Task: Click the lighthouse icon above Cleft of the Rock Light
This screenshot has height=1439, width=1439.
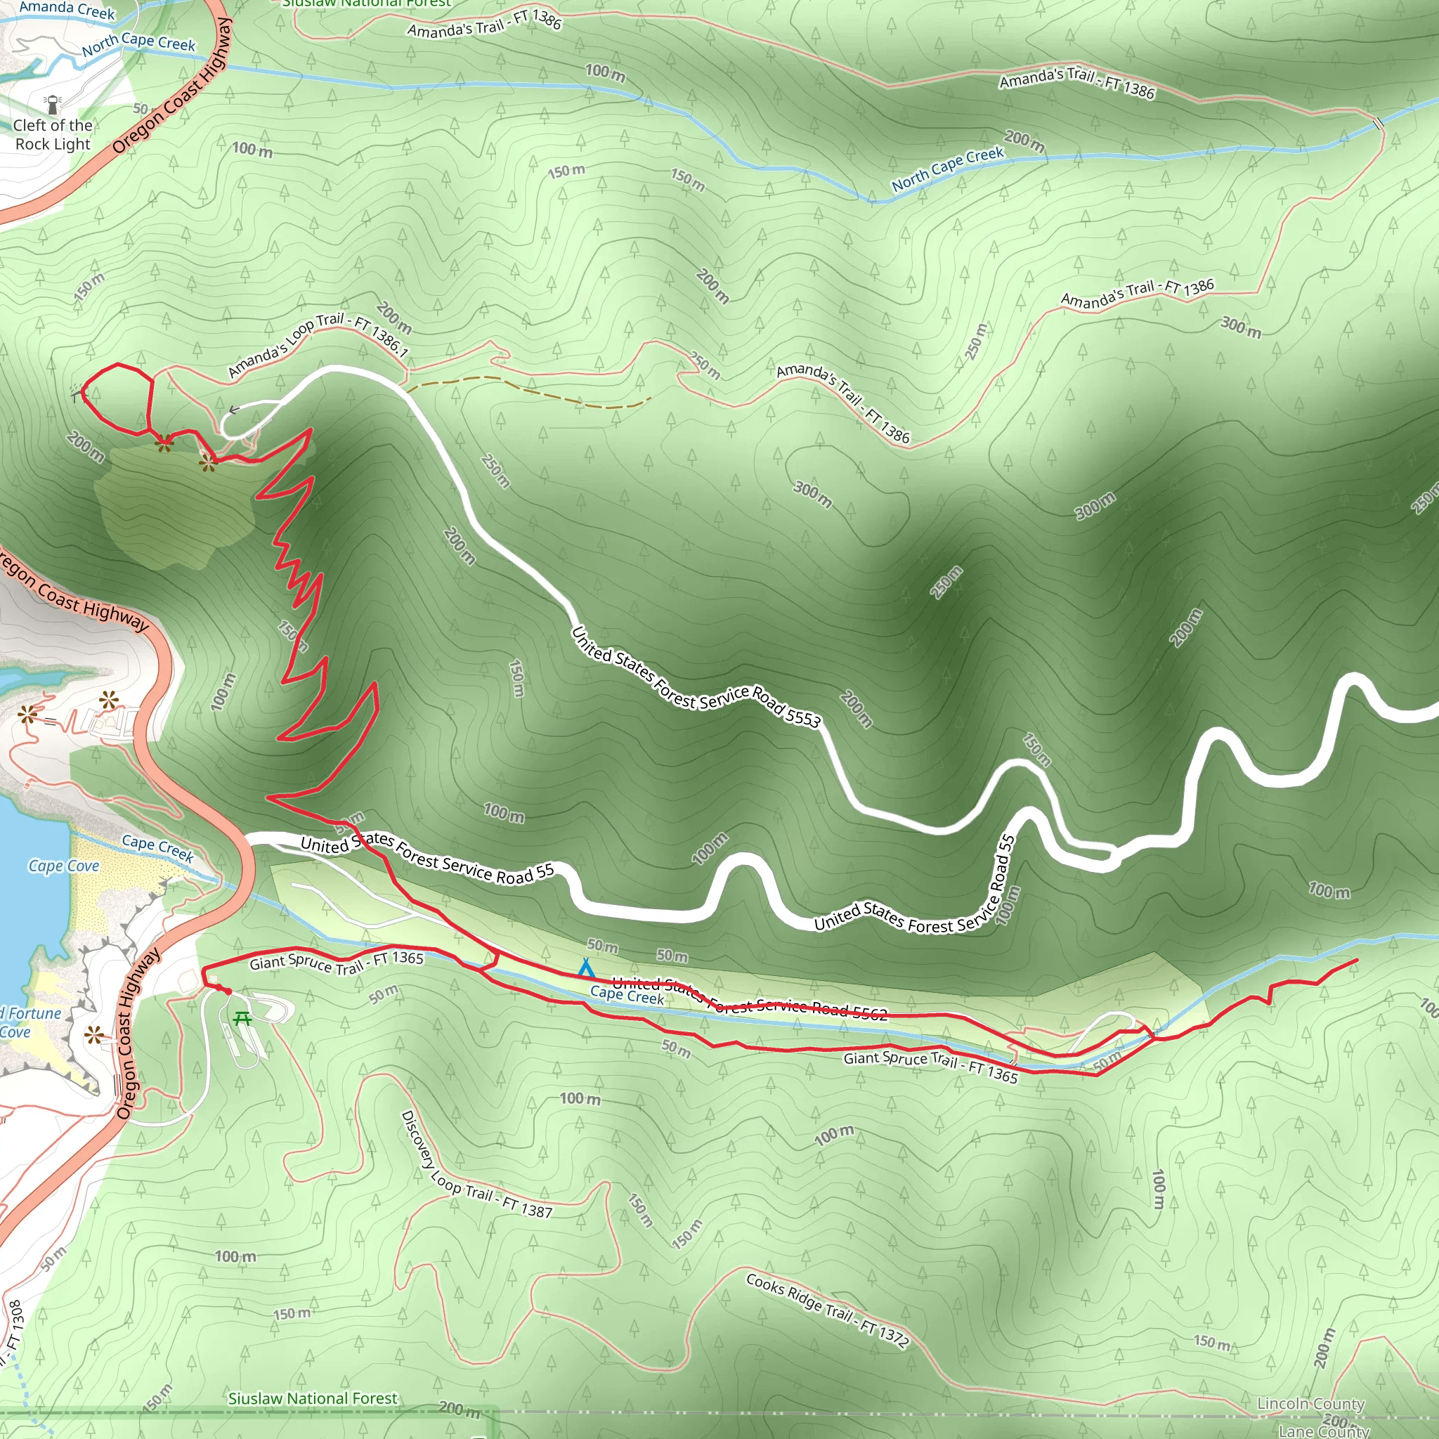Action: tap(52, 103)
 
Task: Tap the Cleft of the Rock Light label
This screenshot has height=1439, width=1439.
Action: tap(53, 135)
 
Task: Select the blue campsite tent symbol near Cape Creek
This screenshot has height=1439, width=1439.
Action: tap(585, 968)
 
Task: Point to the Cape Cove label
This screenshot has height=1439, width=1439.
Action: tap(63, 866)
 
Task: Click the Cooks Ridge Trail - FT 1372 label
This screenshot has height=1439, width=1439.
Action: tap(828, 1312)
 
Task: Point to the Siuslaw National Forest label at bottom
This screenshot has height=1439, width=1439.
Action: tap(313, 1399)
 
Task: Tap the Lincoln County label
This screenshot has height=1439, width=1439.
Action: tap(1310, 1403)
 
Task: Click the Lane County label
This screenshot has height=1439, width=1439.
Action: tap(1324, 1430)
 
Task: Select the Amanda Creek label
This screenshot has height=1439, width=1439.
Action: tap(67, 9)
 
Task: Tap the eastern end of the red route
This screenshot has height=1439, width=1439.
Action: tap(1356, 961)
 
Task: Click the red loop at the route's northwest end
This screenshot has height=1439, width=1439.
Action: tap(116, 399)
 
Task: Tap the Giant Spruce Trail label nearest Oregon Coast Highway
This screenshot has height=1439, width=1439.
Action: tap(336, 963)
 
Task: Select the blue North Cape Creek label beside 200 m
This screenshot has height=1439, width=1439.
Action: tap(946, 169)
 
